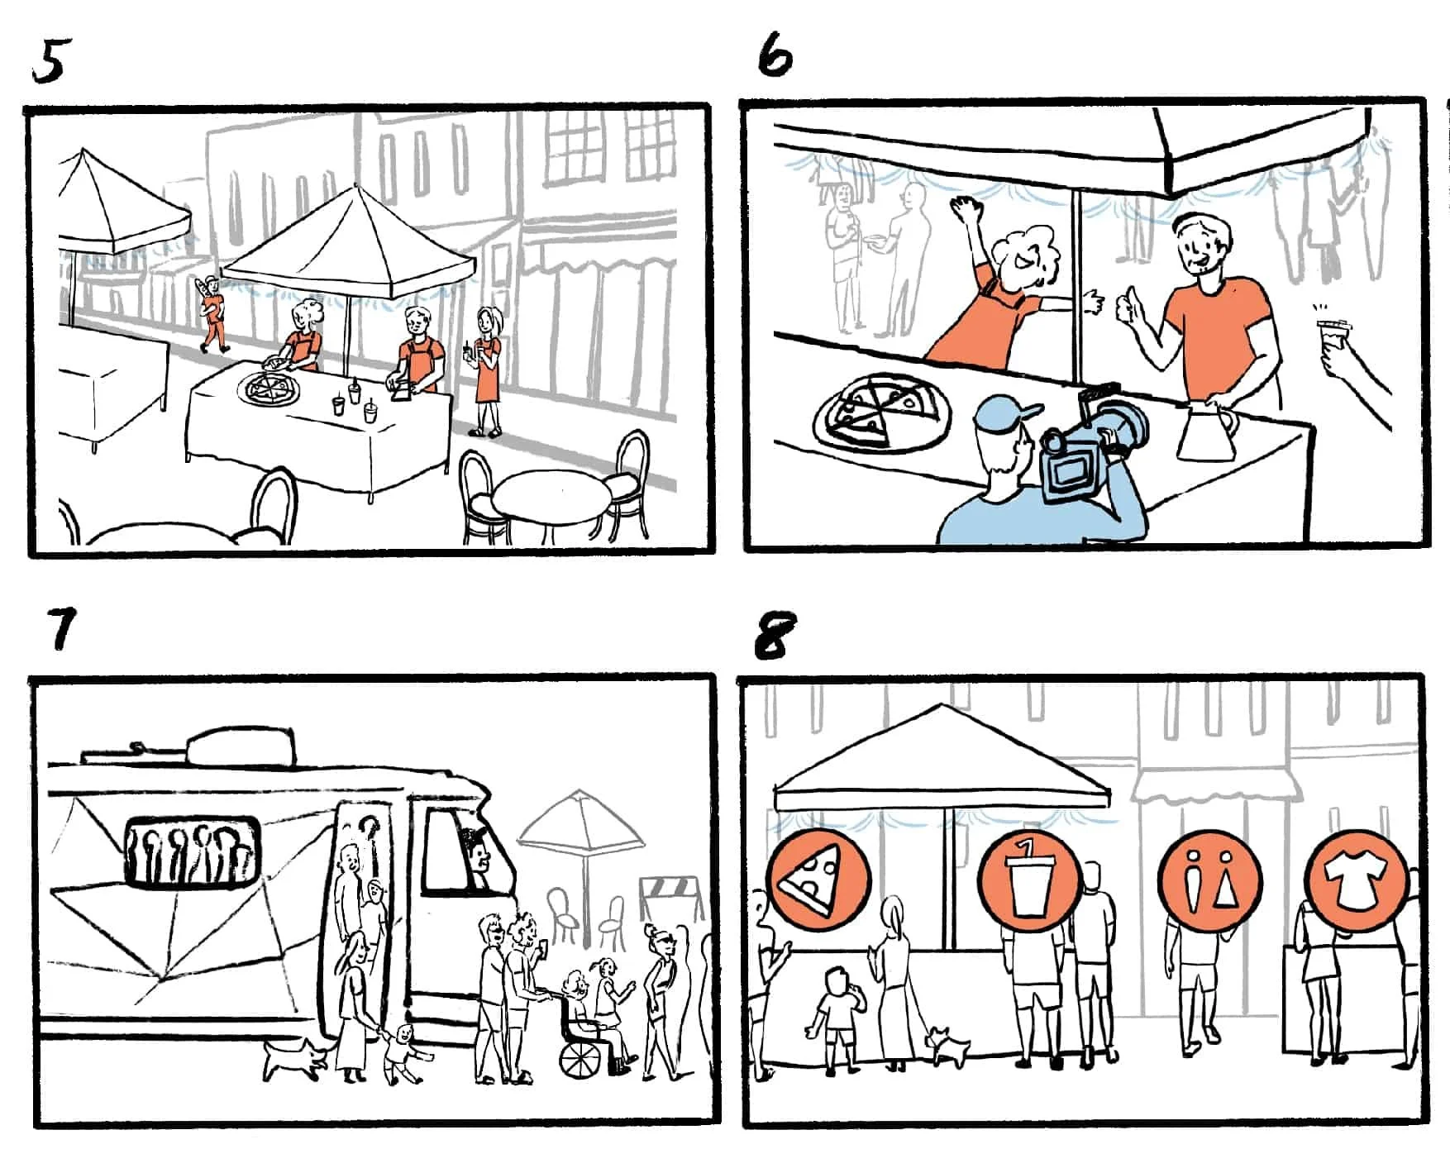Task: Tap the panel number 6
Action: (775, 56)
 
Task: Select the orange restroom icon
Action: (1209, 878)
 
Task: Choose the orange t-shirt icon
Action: (1357, 878)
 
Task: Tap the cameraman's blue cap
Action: (1006, 413)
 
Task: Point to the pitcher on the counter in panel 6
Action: (1205, 431)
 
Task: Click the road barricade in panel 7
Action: (671, 899)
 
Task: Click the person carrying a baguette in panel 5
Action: (212, 313)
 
